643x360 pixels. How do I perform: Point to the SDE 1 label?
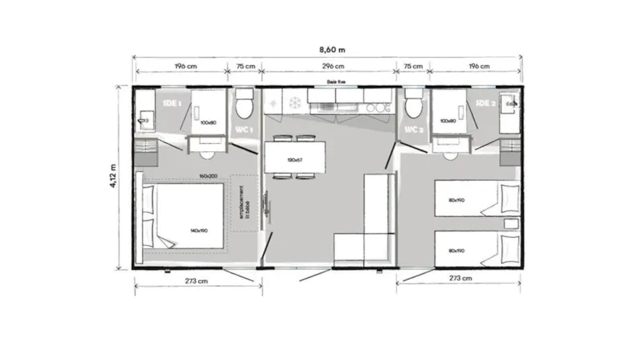click(x=170, y=104)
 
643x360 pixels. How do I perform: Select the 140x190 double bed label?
click(x=199, y=231)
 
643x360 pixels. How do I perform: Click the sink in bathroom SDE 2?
click(x=510, y=104)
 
